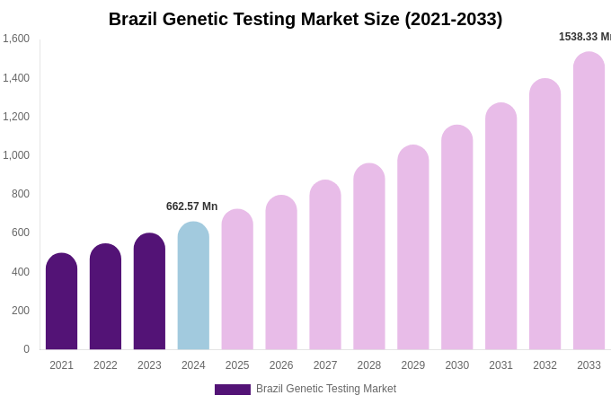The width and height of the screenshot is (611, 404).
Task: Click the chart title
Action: [x=305, y=19]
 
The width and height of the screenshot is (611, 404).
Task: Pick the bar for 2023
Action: [x=149, y=292]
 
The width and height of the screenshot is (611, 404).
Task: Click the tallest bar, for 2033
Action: [x=589, y=201]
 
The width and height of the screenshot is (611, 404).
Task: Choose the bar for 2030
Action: [x=456, y=238]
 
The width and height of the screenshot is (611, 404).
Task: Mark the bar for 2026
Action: [x=281, y=273]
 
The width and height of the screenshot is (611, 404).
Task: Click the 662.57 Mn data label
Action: [x=191, y=206]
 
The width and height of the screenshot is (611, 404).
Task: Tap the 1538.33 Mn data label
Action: [x=584, y=37]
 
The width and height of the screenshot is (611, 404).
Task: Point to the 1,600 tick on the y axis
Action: [x=16, y=39]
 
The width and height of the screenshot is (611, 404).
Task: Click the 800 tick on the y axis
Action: [x=20, y=194]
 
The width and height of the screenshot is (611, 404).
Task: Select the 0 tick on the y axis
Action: [x=26, y=349]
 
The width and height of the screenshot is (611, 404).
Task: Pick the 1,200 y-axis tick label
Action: [x=16, y=117]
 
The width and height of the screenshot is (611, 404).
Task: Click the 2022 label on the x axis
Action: [x=105, y=365]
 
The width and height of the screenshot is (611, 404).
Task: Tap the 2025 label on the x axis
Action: [x=237, y=365]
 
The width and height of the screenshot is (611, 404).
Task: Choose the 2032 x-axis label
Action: [x=545, y=365]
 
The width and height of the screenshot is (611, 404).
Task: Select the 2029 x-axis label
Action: [x=412, y=365]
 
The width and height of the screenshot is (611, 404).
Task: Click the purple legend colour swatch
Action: [x=232, y=390]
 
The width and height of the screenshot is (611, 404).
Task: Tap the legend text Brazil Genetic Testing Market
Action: [x=326, y=389]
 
